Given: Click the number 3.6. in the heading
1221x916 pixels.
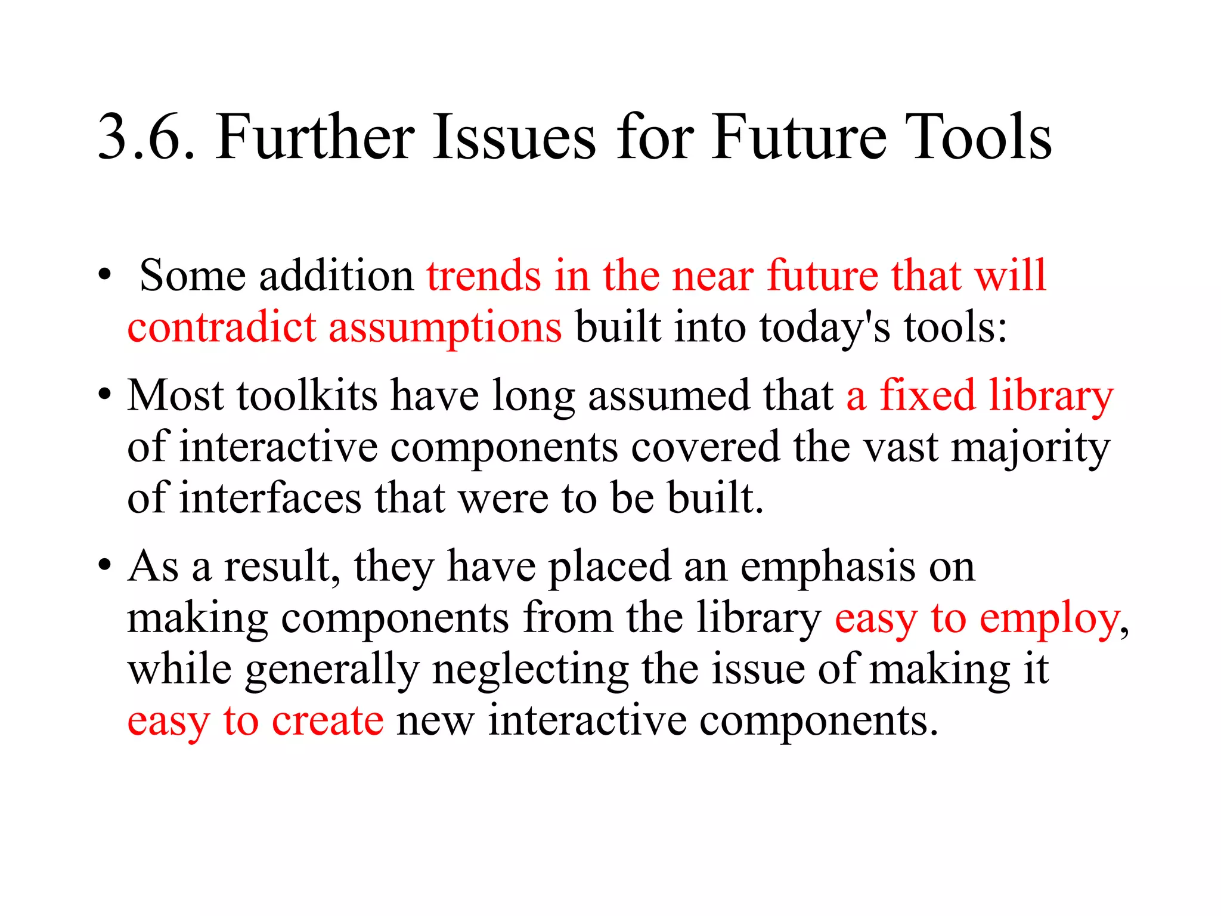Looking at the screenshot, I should tap(146, 138).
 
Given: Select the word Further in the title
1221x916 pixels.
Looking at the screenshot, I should tap(314, 138).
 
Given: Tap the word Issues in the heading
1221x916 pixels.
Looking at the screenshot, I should tap(513, 138).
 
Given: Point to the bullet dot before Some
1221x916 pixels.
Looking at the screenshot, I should tap(105, 275).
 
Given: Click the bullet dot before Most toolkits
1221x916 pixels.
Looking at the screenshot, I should tap(105, 394).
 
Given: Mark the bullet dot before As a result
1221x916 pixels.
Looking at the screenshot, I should tap(105, 564).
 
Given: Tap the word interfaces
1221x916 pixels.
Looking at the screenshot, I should tap(270, 497).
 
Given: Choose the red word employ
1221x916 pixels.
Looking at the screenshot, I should tap(1050, 620).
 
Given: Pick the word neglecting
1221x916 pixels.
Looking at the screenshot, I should tap(530, 670).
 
